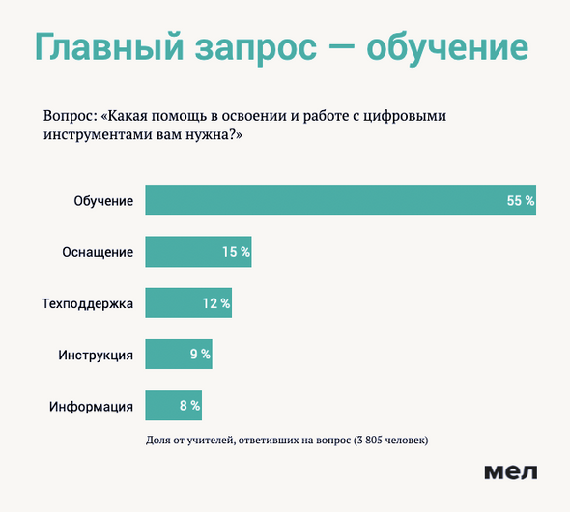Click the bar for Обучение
coord(341,200)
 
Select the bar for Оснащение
coord(198,251)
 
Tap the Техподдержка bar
coord(188,302)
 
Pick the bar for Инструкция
coord(179,354)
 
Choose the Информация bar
coord(174,405)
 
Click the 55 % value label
coord(521,201)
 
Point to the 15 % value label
coord(237,252)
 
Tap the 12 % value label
coord(216,303)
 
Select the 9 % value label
coord(200,354)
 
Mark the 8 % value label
coord(189,405)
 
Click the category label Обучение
coord(103,201)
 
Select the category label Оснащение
coord(98,252)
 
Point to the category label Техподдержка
coord(88,303)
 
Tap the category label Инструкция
coord(96,356)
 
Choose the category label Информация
coord(91,407)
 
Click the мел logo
coord(511,472)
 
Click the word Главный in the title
coord(109,47)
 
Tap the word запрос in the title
coord(256,50)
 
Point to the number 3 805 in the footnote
coord(369,441)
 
